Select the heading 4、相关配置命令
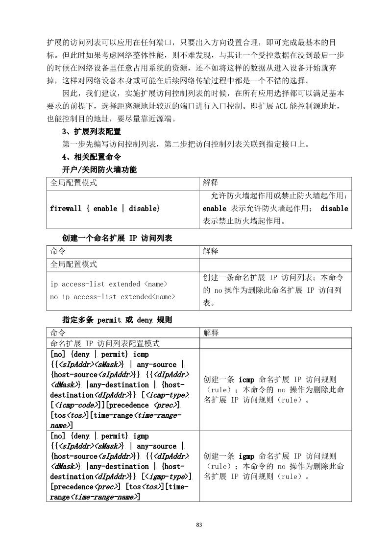[88, 157]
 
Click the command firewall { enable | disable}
[105, 209]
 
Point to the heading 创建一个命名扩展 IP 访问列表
[117, 238]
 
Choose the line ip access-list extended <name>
[109, 284]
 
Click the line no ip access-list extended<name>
[113, 296]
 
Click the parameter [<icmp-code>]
[78, 406]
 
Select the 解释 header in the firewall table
[210, 183]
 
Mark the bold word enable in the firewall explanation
[214, 209]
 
